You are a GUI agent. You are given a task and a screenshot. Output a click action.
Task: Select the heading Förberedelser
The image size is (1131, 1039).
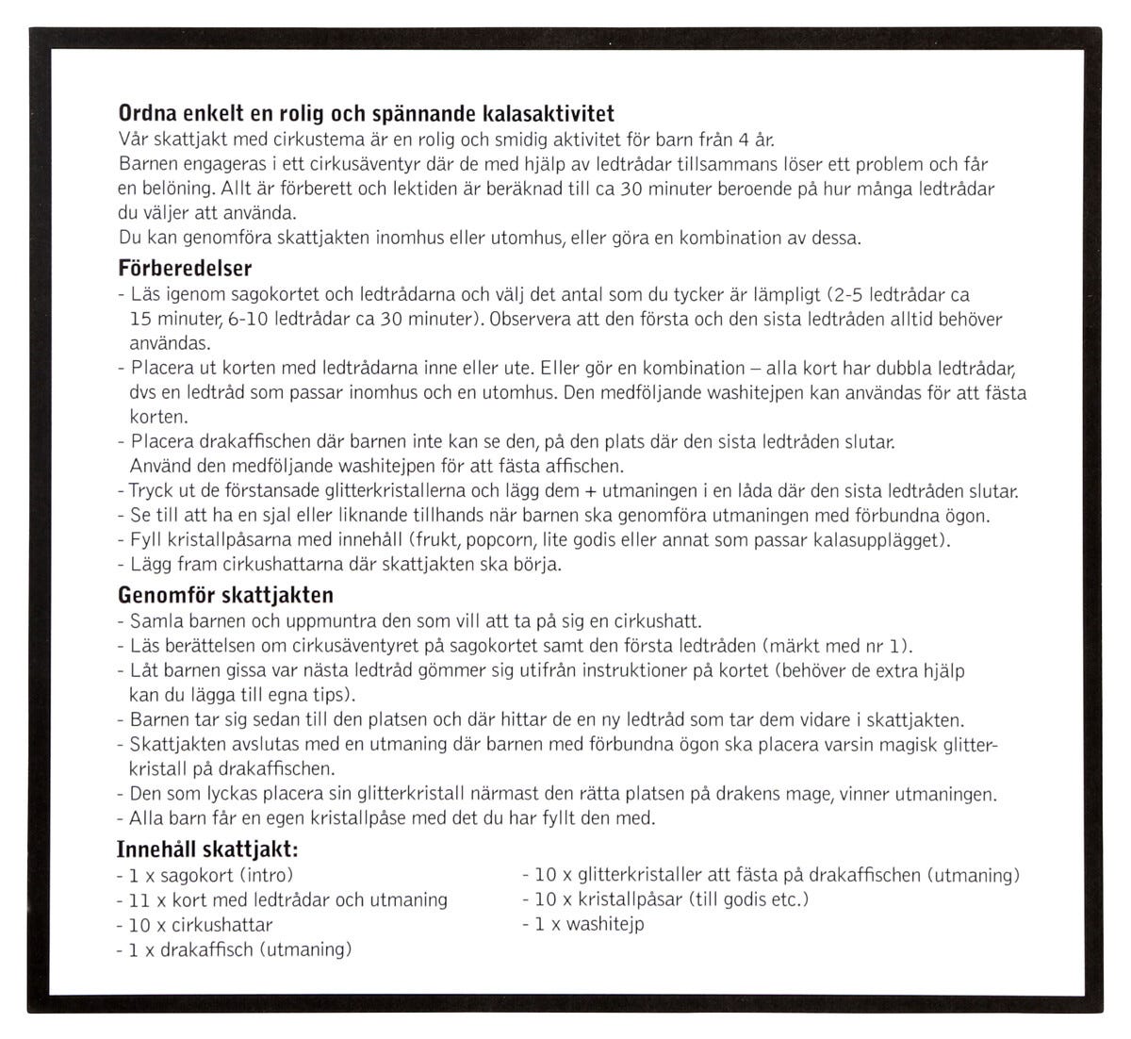click(x=185, y=269)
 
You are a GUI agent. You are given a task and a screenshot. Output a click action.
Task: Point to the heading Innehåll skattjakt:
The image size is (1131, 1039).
click(x=208, y=849)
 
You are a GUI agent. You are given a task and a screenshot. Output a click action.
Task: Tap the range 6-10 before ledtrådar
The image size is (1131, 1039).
click(x=249, y=319)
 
